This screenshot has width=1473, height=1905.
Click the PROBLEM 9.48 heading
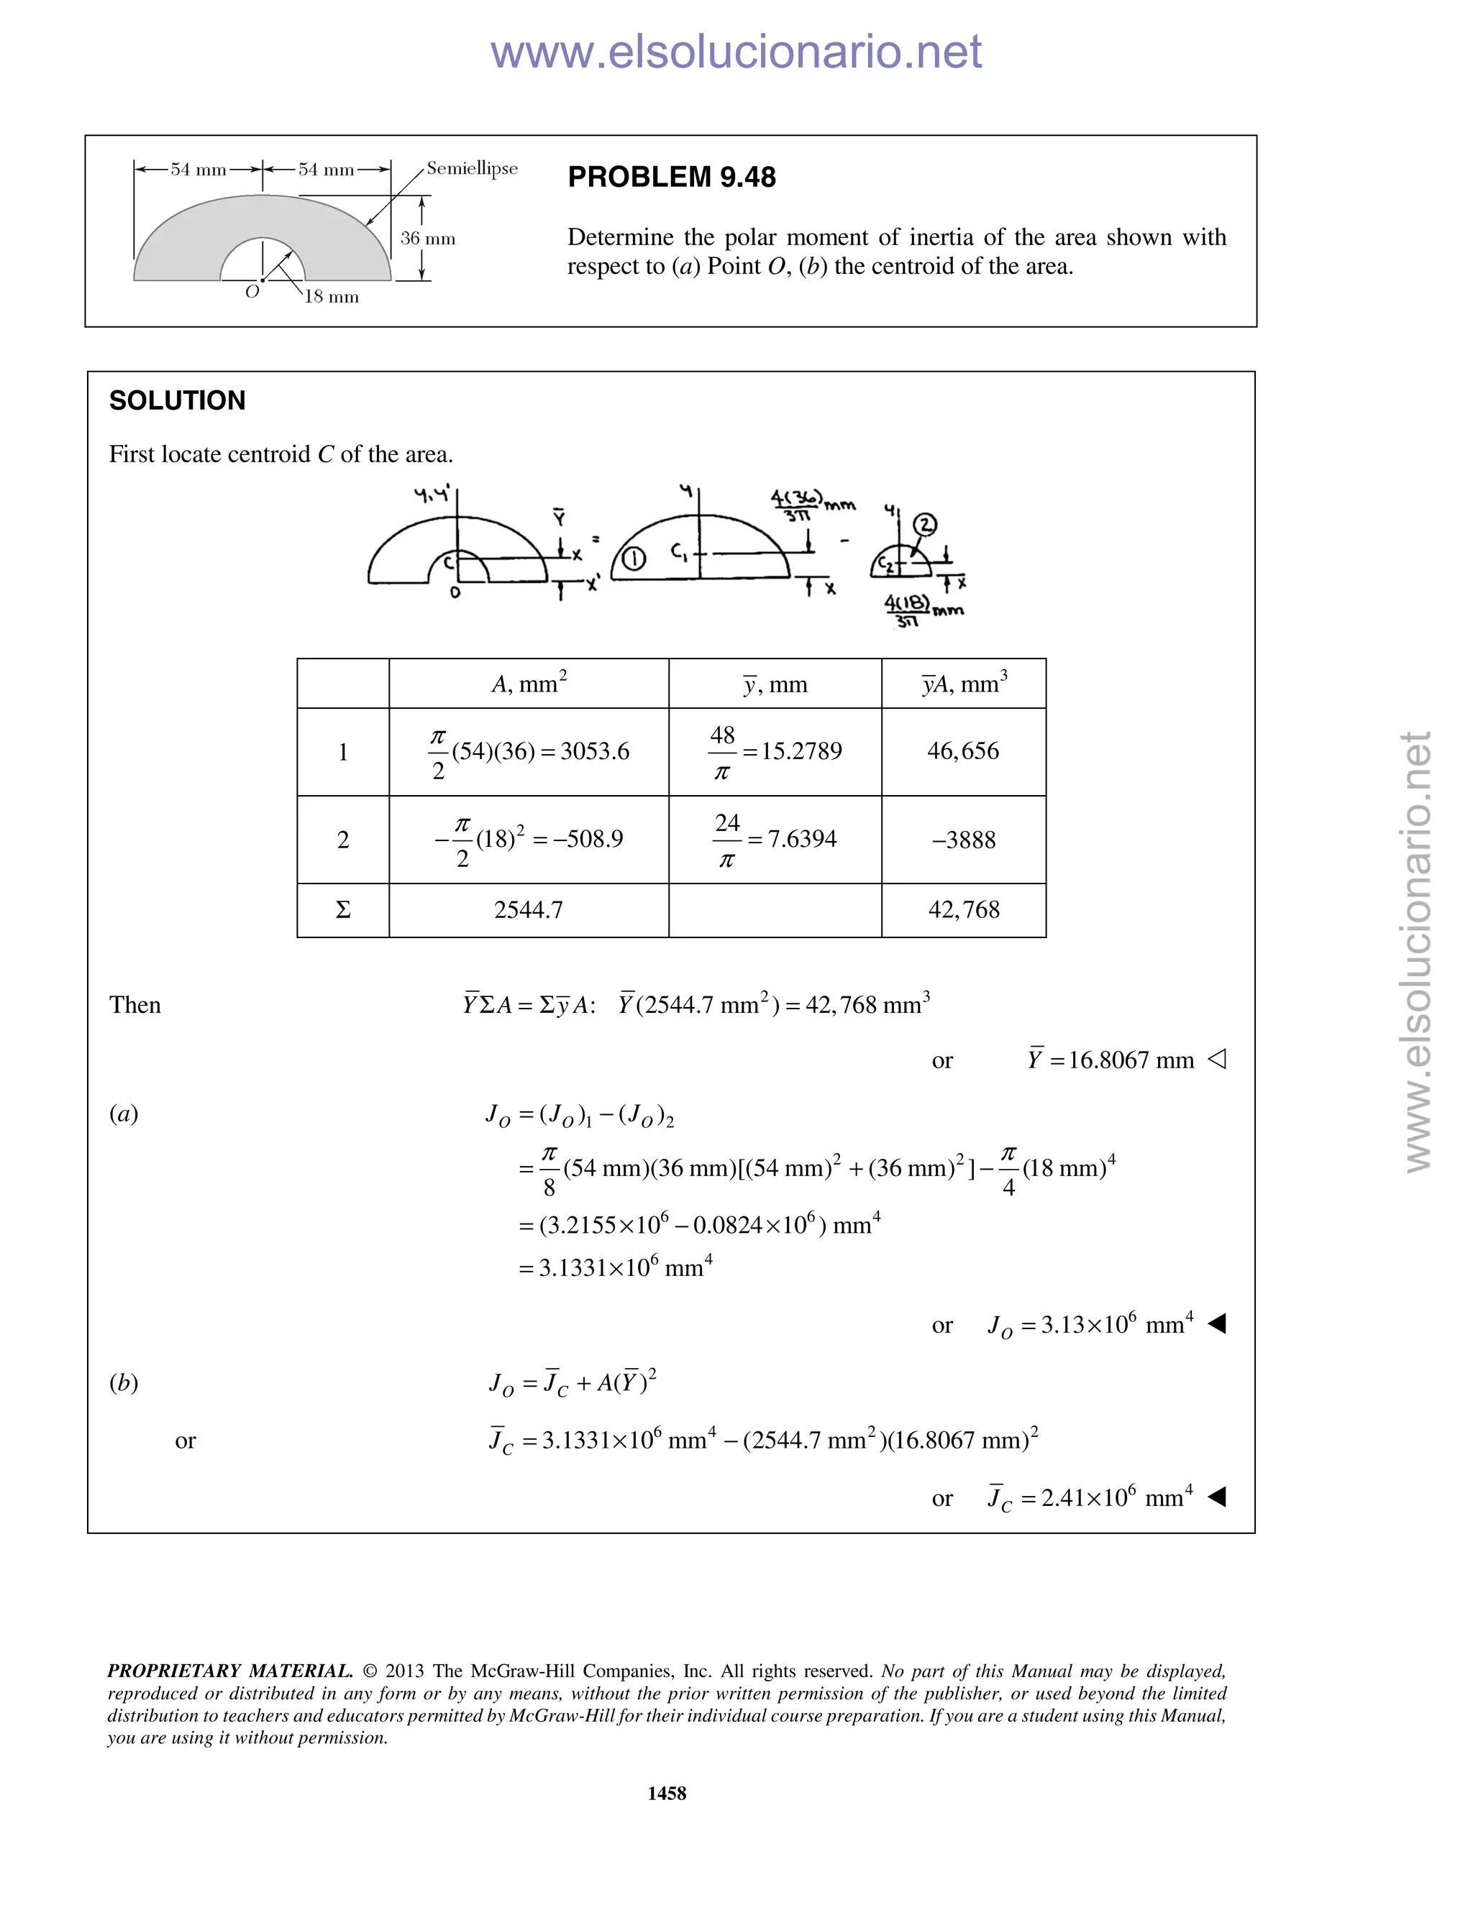tap(671, 177)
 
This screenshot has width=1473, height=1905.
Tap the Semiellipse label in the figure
tap(472, 168)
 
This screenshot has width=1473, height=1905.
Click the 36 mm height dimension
tap(428, 238)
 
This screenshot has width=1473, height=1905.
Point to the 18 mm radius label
tap(331, 297)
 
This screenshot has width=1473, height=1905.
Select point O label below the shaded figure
tap(252, 292)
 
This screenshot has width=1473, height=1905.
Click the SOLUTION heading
tap(177, 400)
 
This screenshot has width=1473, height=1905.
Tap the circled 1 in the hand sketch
tap(634, 559)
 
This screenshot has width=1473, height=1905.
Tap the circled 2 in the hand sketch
tap(924, 524)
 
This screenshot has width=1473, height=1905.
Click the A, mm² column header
tap(529, 683)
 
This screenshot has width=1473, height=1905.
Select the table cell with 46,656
tap(962, 751)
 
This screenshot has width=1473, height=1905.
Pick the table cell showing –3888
tap(963, 840)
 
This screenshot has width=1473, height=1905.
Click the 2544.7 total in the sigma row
tap(528, 910)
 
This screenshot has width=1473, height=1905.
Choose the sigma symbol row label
tap(343, 910)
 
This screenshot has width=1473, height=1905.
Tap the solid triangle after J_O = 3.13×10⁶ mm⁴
tap(1218, 1324)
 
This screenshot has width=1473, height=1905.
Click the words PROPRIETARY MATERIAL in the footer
tap(229, 1671)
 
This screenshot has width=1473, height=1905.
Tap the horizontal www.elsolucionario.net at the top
tap(736, 52)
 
